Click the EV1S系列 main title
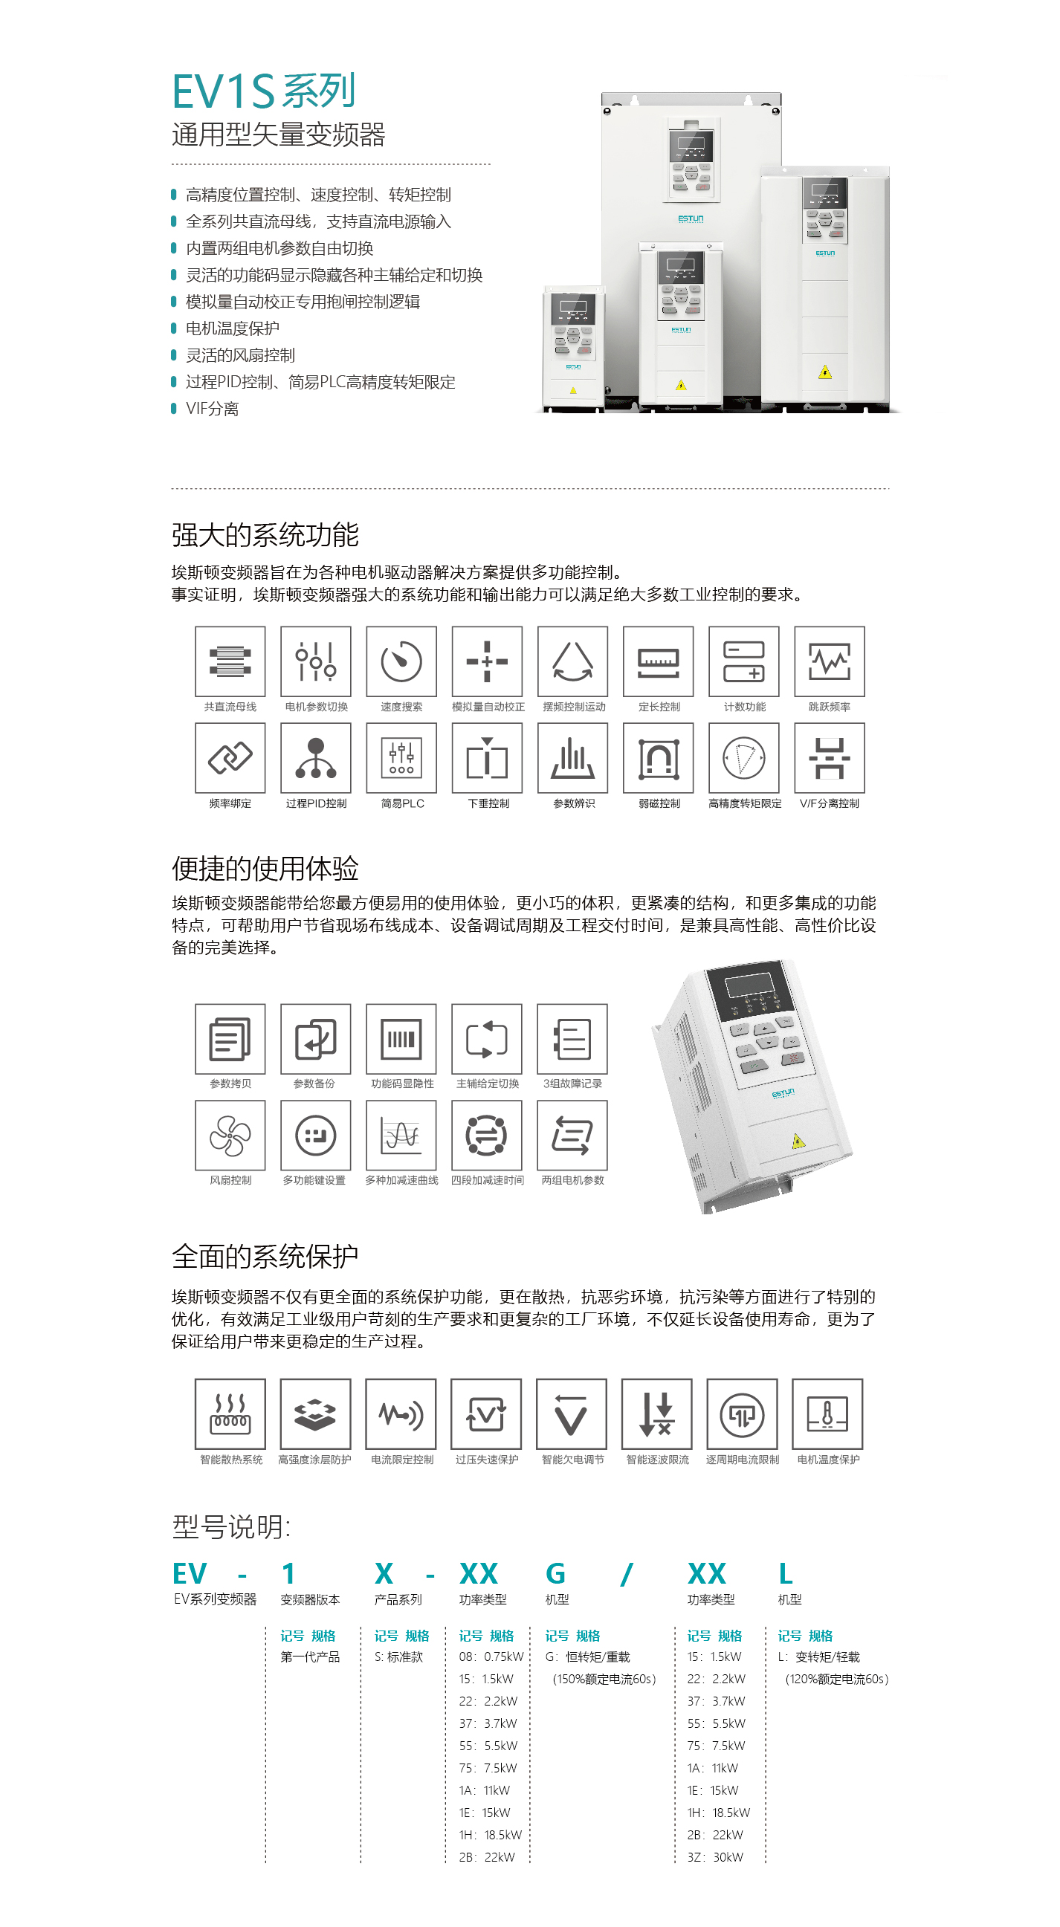pyautogui.click(x=263, y=91)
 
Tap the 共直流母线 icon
pyautogui.click(x=230, y=661)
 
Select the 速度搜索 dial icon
pyautogui.click(x=401, y=661)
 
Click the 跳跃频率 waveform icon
pyautogui.click(x=830, y=661)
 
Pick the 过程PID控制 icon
pyautogui.click(x=316, y=758)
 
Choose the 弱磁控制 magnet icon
pyautogui.click(x=659, y=758)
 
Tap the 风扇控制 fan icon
pyautogui.click(x=230, y=1136)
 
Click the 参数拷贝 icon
pyautogui.click(x=230, y=1039)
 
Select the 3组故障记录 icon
pyautogui.click(x=572, y=1039)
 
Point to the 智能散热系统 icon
pyautogui.click(x=230, y=1413)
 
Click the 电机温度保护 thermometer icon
pyautogui.click(x=827, y=1413)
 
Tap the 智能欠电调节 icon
pyautogui.click(x=572, y=1413)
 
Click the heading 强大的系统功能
pyautogui.click(x=265, y=535)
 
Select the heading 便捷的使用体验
pyautogui.click(x=265, y=869)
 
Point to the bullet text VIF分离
pyautogui.click(x=213, y=409)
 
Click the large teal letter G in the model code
pyautogui.click(x=556, y=1574)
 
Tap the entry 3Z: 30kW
pyautogui.click(x=715, y=1856)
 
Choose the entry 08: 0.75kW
pyautogui.click(x=491, y=1656)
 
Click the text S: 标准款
pyautogui.click(x=398, y=1656)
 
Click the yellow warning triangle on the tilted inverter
pyautogui.click(x=798, y=1141)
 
